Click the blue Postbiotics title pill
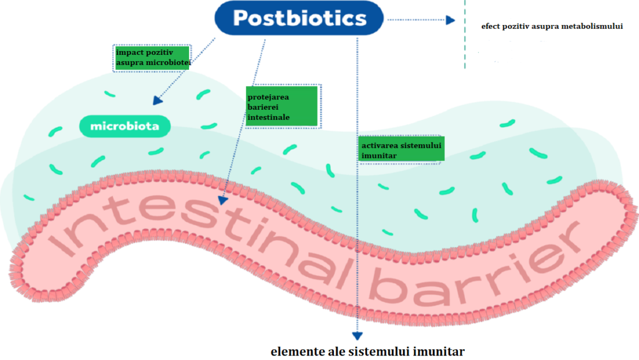click(299, 18)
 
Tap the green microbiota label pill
click(125, 126)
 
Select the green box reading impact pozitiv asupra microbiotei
click(152, 58)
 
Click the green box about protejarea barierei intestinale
click(281, 106)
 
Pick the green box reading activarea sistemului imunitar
click(401, 150)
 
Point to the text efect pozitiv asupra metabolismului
click(552, 26)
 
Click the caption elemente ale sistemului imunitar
click(368, 351)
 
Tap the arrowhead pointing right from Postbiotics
click(451, 20)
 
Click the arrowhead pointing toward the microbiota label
click(157, 100)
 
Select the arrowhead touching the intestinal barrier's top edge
click(223, 200)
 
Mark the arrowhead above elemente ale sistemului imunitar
click(358, 336)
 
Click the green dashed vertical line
click(464, 34)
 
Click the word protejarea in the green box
click(268, 97)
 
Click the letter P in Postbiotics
click(240, 18)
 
